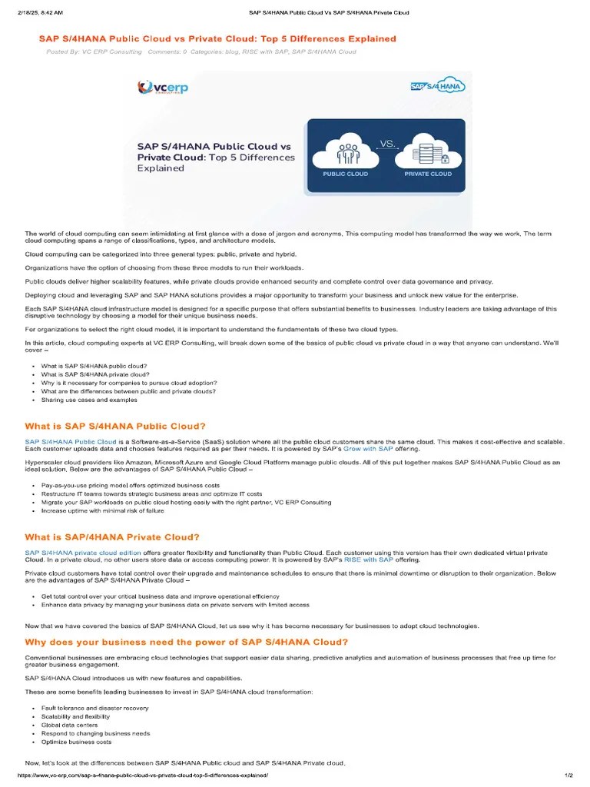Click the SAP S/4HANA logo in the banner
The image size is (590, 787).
(x=438, y=85)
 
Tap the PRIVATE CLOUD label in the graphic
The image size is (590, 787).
(x=428, y=174)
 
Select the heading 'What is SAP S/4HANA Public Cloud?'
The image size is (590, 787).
(x=115, y=426)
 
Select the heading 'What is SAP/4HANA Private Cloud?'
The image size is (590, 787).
(x=112, y=537)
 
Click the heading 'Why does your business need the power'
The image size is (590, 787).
(x=187, y=642)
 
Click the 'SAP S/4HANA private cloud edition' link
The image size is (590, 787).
(x=83, y=553)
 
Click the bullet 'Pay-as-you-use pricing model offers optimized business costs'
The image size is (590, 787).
(x=130, y=486)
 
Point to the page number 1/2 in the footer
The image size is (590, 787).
(x=568, y=775)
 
